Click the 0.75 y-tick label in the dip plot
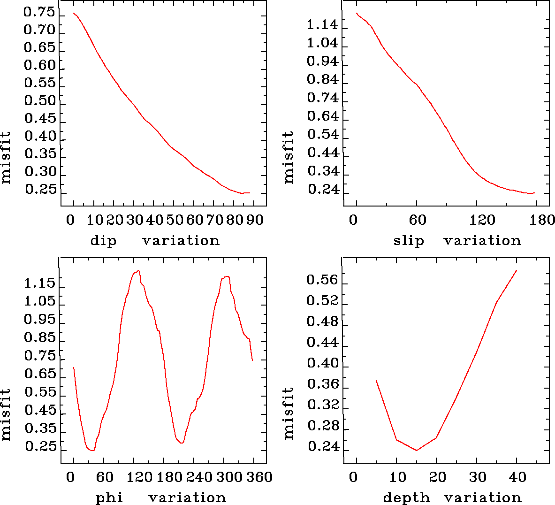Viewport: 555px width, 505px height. [x=39, y=13]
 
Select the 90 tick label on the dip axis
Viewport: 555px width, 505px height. [x=256, y=220]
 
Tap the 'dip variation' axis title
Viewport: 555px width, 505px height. [x=155, y=241]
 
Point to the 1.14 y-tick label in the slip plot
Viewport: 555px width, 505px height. [x=322, y=25]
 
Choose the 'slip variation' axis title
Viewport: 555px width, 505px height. [x=457, y=241]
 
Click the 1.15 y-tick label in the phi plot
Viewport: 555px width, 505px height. [x=39, y=283]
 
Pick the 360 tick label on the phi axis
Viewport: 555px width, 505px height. [x=259, y=477]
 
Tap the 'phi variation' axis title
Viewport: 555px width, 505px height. [x=161, y=497]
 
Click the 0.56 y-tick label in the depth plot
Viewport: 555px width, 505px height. [x=322, y=280]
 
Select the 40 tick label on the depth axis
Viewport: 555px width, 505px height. [x=517, y=477]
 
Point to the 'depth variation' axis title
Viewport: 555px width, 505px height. [x=452, y=497]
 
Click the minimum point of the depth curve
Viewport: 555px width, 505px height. [x=416, y=451]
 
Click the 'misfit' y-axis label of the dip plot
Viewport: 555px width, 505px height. [x=6, y=158]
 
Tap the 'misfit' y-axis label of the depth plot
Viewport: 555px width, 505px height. [x=289, y=413]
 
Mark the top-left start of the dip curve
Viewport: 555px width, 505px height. [x=74, y=13]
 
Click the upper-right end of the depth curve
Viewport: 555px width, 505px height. [x=517, y=270]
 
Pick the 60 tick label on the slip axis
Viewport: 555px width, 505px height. [x=417, y=220]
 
